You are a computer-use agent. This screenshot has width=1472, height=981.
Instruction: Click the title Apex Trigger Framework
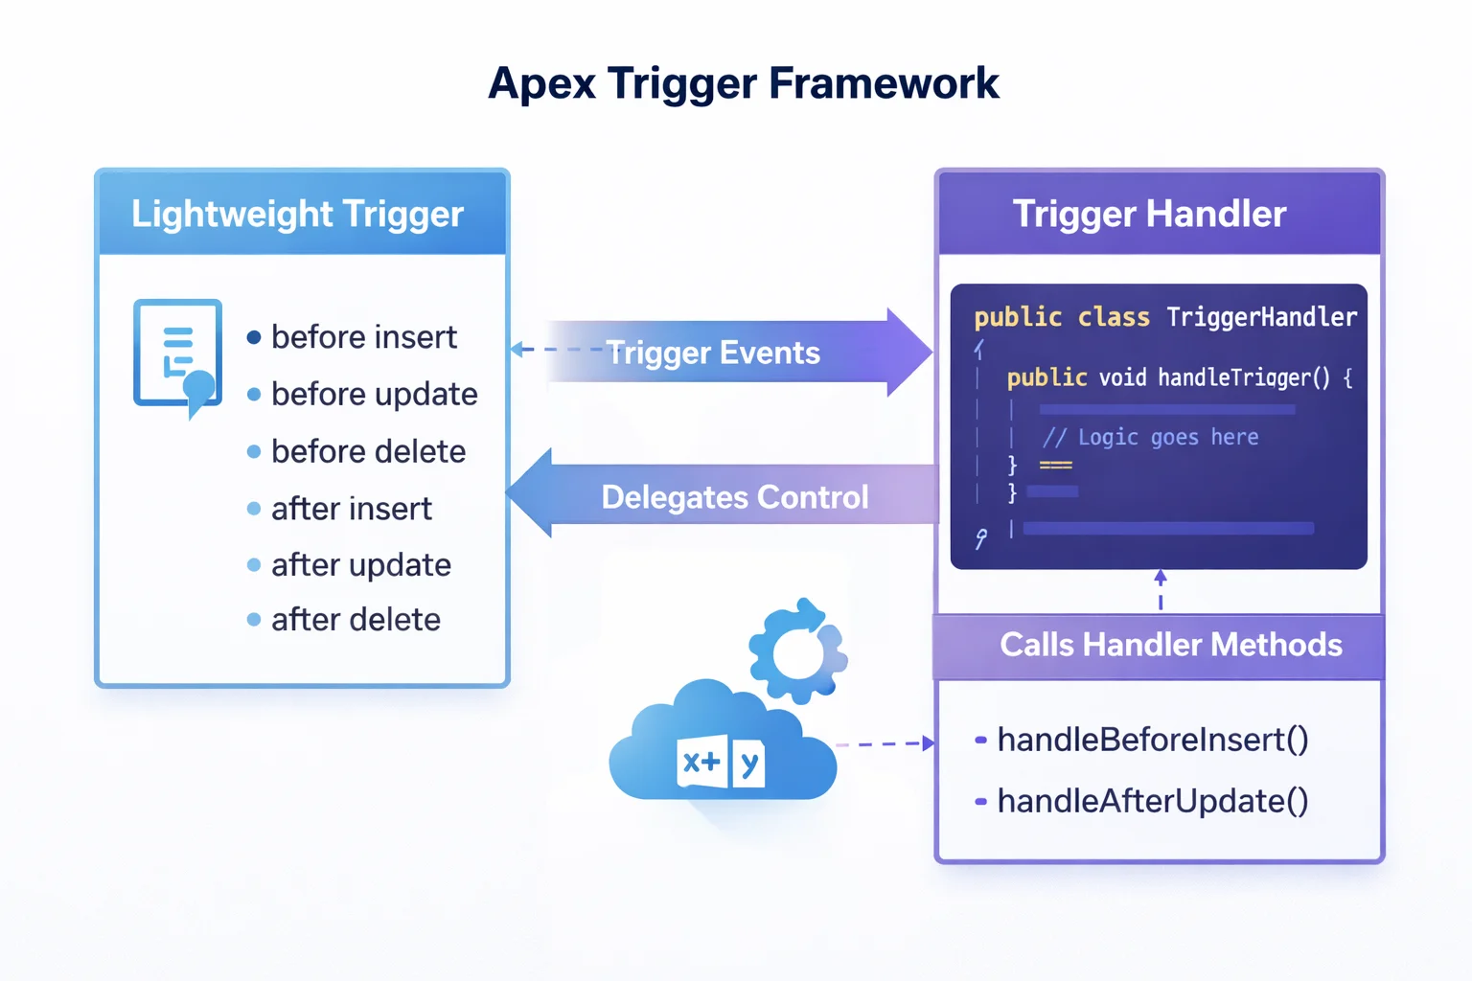(743, 83)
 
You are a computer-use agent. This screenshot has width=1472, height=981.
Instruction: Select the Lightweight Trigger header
(297, 214)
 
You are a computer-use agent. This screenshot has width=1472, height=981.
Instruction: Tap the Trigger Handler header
(1149, 214)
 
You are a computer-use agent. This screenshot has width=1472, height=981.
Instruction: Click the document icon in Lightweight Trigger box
(178, 355)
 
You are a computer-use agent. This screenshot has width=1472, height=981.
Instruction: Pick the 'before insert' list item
(363, 337)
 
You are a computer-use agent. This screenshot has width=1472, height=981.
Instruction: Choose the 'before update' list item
(374, 394)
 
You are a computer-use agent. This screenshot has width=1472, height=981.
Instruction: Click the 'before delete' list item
(368, 451)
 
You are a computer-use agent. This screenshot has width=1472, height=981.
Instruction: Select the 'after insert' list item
(351, 509)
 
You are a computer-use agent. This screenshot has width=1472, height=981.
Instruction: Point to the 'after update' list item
(360, 565)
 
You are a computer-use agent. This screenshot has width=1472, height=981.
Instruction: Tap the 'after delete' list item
(356, 620)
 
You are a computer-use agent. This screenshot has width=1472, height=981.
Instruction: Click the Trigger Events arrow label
(713, 353)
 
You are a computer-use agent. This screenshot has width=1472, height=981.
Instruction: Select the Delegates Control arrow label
(734, 497)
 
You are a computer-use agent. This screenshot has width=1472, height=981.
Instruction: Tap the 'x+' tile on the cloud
(701, 762)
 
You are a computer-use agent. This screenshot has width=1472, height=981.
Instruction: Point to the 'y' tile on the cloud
(748, 764)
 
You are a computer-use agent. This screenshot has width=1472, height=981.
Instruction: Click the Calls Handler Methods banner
(1170, 645)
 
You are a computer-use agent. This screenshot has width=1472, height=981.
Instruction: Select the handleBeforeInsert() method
(1152, 740)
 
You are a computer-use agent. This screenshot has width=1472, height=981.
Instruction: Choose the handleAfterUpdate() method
(1152, 801)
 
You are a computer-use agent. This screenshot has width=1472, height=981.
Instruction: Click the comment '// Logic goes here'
(1150, 438)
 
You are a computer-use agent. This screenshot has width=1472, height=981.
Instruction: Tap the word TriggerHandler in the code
(1261, 317)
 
